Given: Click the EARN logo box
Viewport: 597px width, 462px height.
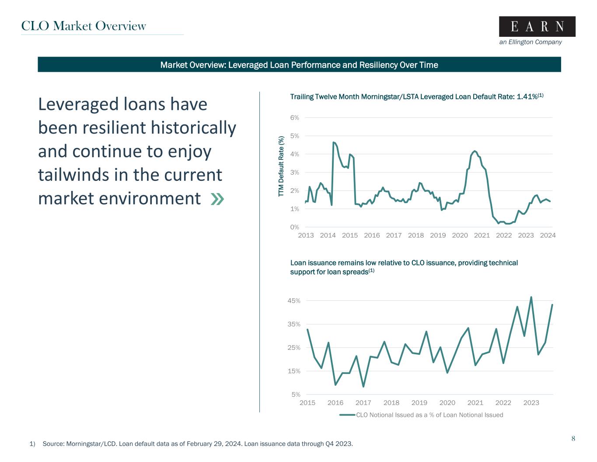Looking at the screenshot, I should (537, 27).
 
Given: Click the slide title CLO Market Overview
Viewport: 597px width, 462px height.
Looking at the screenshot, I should (84, 26).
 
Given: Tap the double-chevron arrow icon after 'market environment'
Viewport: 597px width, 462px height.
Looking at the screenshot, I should (217, 199).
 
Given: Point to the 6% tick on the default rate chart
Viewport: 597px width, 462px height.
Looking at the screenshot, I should (294, 117).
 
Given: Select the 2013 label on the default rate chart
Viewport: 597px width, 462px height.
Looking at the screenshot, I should (306, 235).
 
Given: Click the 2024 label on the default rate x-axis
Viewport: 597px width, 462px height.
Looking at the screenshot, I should (548, 235).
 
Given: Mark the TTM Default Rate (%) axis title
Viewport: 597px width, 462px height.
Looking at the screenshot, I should (282, 166).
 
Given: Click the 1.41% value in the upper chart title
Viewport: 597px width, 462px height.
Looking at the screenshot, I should (527, 96).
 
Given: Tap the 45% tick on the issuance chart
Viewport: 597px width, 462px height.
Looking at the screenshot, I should (294, 301).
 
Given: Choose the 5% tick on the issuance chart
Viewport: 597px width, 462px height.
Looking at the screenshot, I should (296, 395).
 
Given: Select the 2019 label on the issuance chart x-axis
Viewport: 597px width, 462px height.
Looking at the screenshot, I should (419, 403).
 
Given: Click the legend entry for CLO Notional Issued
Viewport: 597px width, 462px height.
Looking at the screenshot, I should (429, 415).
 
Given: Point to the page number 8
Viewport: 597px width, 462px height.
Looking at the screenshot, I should (573, 438).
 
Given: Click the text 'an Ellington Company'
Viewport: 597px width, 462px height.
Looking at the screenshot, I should (530, 42).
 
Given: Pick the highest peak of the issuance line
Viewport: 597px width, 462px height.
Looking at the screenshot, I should (531, 297).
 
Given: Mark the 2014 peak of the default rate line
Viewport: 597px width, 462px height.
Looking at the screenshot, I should (334, 142).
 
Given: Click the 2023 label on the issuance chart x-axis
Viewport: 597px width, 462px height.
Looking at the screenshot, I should (531, 403).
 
